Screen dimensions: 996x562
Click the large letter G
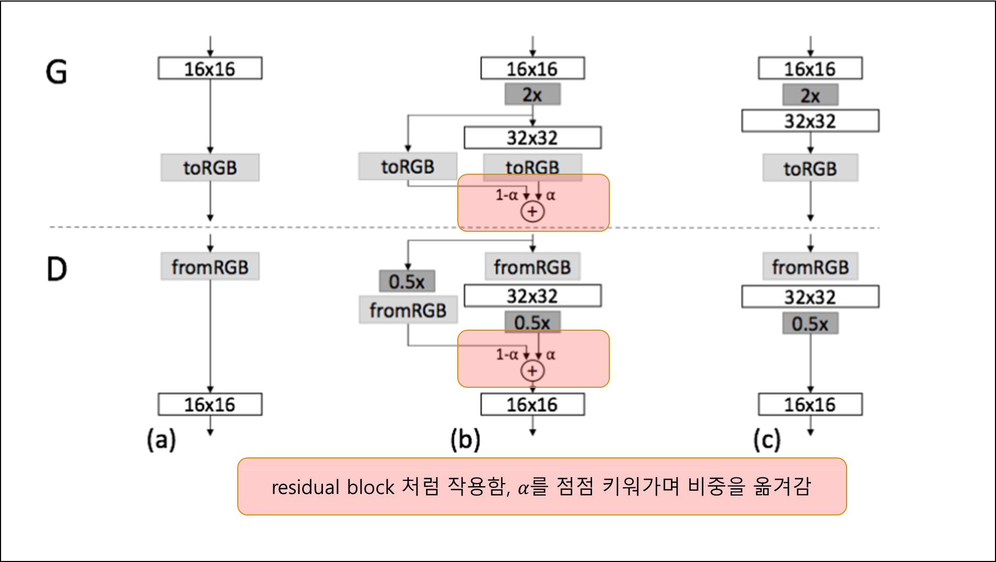pyautogui.click(x=56, y=72)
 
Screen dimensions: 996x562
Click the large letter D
pyautogui.click(x=56, y=270)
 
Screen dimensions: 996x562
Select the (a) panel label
pyautogui.click(x=161, y=439)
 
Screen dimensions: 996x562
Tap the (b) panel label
pyautogui.click(x=465, y=439)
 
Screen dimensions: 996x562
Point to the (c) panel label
pyautogui.click(x=767, y=439)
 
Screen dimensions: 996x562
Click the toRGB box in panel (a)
pyautogui.click(x=210, y=168)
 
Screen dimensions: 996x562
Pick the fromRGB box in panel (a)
pyautogui.click(x=210, y=267)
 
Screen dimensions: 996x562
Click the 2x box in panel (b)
pyautogui.click(x=532, y=95)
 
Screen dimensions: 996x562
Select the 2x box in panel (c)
pyautogui.click(x=810, y=96)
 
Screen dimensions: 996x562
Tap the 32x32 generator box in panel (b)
pyautogui.click(x=532, y=138)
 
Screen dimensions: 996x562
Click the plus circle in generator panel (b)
pyautogui.click(x=532, y=212)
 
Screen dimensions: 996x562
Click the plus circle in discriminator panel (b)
pyautogui.click(x=532, y=371)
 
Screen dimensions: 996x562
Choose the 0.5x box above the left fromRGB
pyautogui.click(x=407, y=282)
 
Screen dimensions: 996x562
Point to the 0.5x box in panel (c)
pyautogui.click(x=810, y=324)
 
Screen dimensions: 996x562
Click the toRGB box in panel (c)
pyautogui.click(x=810, y=168)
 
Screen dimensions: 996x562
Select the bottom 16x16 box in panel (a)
pyautogui.click(x=210, y=405)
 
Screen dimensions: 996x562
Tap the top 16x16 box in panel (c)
pyautogui.click(x=810, y=69)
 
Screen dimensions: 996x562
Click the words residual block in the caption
pyautogui.click(x=333, y=487)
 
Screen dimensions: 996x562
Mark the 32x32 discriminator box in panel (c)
pyautogui.click(x=810, y=297)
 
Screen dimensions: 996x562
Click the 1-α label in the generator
pyautogui.click(x=506, y=196)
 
